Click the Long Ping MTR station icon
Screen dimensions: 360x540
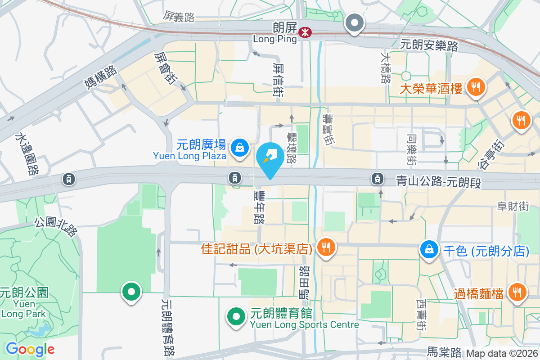(305, 32)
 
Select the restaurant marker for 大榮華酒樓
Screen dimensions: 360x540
(475, 86)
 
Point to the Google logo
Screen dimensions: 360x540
(30, 349)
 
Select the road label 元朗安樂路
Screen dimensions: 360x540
(429, 45)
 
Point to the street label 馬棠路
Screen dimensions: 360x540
(444, 351)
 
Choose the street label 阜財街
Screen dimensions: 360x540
(513, 206)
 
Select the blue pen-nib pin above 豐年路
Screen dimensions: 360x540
(270, 157)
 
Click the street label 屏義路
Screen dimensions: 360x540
(179, 17)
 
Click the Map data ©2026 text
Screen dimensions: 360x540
(502, 354)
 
